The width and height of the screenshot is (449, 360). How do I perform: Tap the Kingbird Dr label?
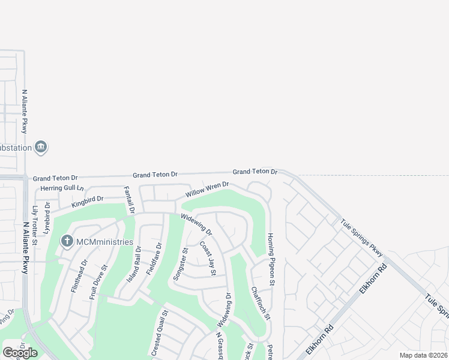[x=88, y=200]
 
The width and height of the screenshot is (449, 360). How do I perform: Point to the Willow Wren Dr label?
[x=207, y=190]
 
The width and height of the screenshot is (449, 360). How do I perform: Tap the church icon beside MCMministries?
[x=67, y=241]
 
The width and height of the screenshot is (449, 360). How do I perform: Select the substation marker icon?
[x=41, y=147]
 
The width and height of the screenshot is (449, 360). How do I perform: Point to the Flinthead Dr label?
[x=79, y=275]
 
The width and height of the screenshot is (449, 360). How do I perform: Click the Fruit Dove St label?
[x=98, y=282]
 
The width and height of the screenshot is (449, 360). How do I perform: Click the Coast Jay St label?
[x=208, y=259]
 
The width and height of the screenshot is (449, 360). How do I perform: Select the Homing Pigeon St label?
[x=271, y=259]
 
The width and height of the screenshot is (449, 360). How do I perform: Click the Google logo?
[x=20, y=353]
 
